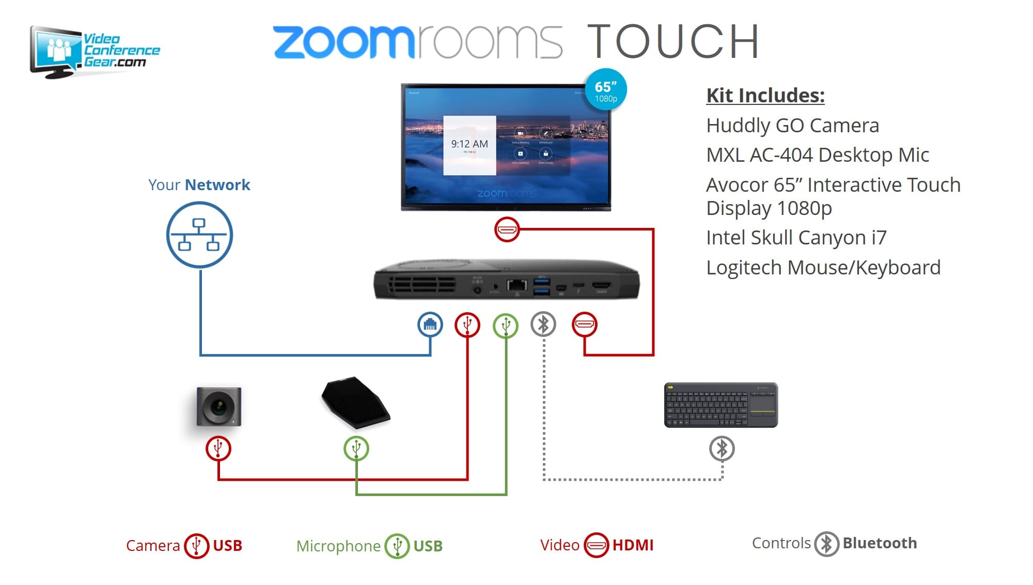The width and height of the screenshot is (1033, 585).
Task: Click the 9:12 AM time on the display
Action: click(469, 144)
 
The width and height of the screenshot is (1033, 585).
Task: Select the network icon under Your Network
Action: click(199, 235)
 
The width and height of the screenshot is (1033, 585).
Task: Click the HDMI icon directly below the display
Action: click(507, 229)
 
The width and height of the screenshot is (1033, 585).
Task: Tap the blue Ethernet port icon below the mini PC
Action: click(430, 325)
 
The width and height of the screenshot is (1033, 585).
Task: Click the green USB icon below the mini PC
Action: click(506, 325)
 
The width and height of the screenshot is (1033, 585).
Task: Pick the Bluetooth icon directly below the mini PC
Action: click(543, 325)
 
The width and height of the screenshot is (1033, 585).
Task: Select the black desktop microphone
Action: click(355, 402)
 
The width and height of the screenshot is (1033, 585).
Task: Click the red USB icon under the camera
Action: click(218, 448)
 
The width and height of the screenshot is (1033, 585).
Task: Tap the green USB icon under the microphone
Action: click(356, 448)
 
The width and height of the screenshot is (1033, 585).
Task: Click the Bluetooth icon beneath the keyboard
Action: click(722, 448)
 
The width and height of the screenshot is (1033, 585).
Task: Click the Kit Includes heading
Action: click(765, 96)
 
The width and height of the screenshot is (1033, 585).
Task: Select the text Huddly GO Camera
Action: click(792, 126)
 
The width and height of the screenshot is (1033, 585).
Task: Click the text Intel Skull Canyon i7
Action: click(796, 238)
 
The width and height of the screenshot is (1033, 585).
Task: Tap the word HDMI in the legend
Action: click(633, 545)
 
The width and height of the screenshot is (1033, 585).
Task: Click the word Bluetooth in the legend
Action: click(880, 543)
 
